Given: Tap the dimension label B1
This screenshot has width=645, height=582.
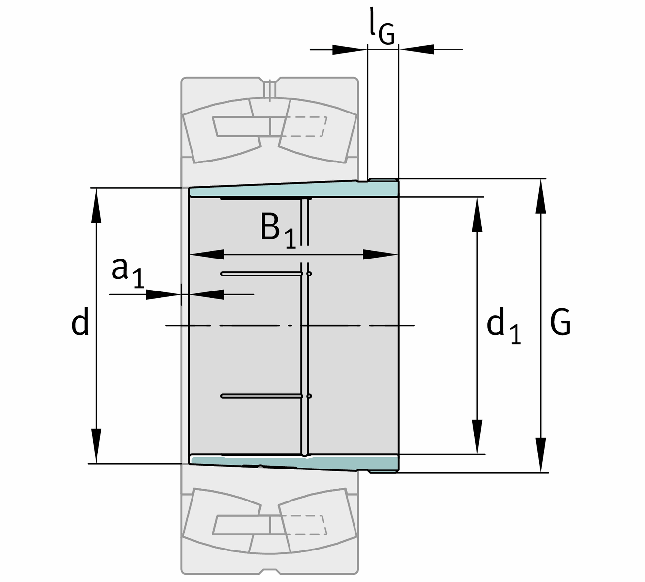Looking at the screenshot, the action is pyautogui.click(x=278, y=231).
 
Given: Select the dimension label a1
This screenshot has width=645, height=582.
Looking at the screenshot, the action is pyautogui.click(x=128, y=273).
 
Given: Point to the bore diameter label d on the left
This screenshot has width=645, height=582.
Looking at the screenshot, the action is pyautogui.click(x=80, y=322).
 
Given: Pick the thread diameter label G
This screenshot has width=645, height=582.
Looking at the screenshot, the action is pyautogui.click(x=561, y=322).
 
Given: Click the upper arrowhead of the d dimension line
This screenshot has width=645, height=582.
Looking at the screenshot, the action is pyautogui.click(x=96, y=205).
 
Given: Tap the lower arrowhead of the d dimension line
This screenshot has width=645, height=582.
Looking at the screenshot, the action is pyautogui.click(x=96, y=446).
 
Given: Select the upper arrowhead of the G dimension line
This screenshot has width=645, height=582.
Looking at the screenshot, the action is pyautogui.click(x=541, y=196).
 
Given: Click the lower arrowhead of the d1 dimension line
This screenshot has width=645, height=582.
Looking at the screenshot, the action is pyautogui.click(x=477, y=436).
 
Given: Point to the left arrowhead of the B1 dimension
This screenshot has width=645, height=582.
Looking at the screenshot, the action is pyautogui.click(x=207, y=254).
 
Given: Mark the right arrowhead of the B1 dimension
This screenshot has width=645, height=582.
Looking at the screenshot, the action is pyautogui.click(x=380, y=254).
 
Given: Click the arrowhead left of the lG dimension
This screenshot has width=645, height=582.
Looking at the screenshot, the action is pyautogui.click(x=350, y=49).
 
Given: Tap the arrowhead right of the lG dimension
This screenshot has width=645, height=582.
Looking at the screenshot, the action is pyautogui.click(x=416, y=49).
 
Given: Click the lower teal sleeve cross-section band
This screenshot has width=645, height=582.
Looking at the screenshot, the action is pyautogui.click(x=293, y=463).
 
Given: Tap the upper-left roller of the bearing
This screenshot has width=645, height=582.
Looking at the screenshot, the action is pyautogui.click(x=222, y=131).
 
